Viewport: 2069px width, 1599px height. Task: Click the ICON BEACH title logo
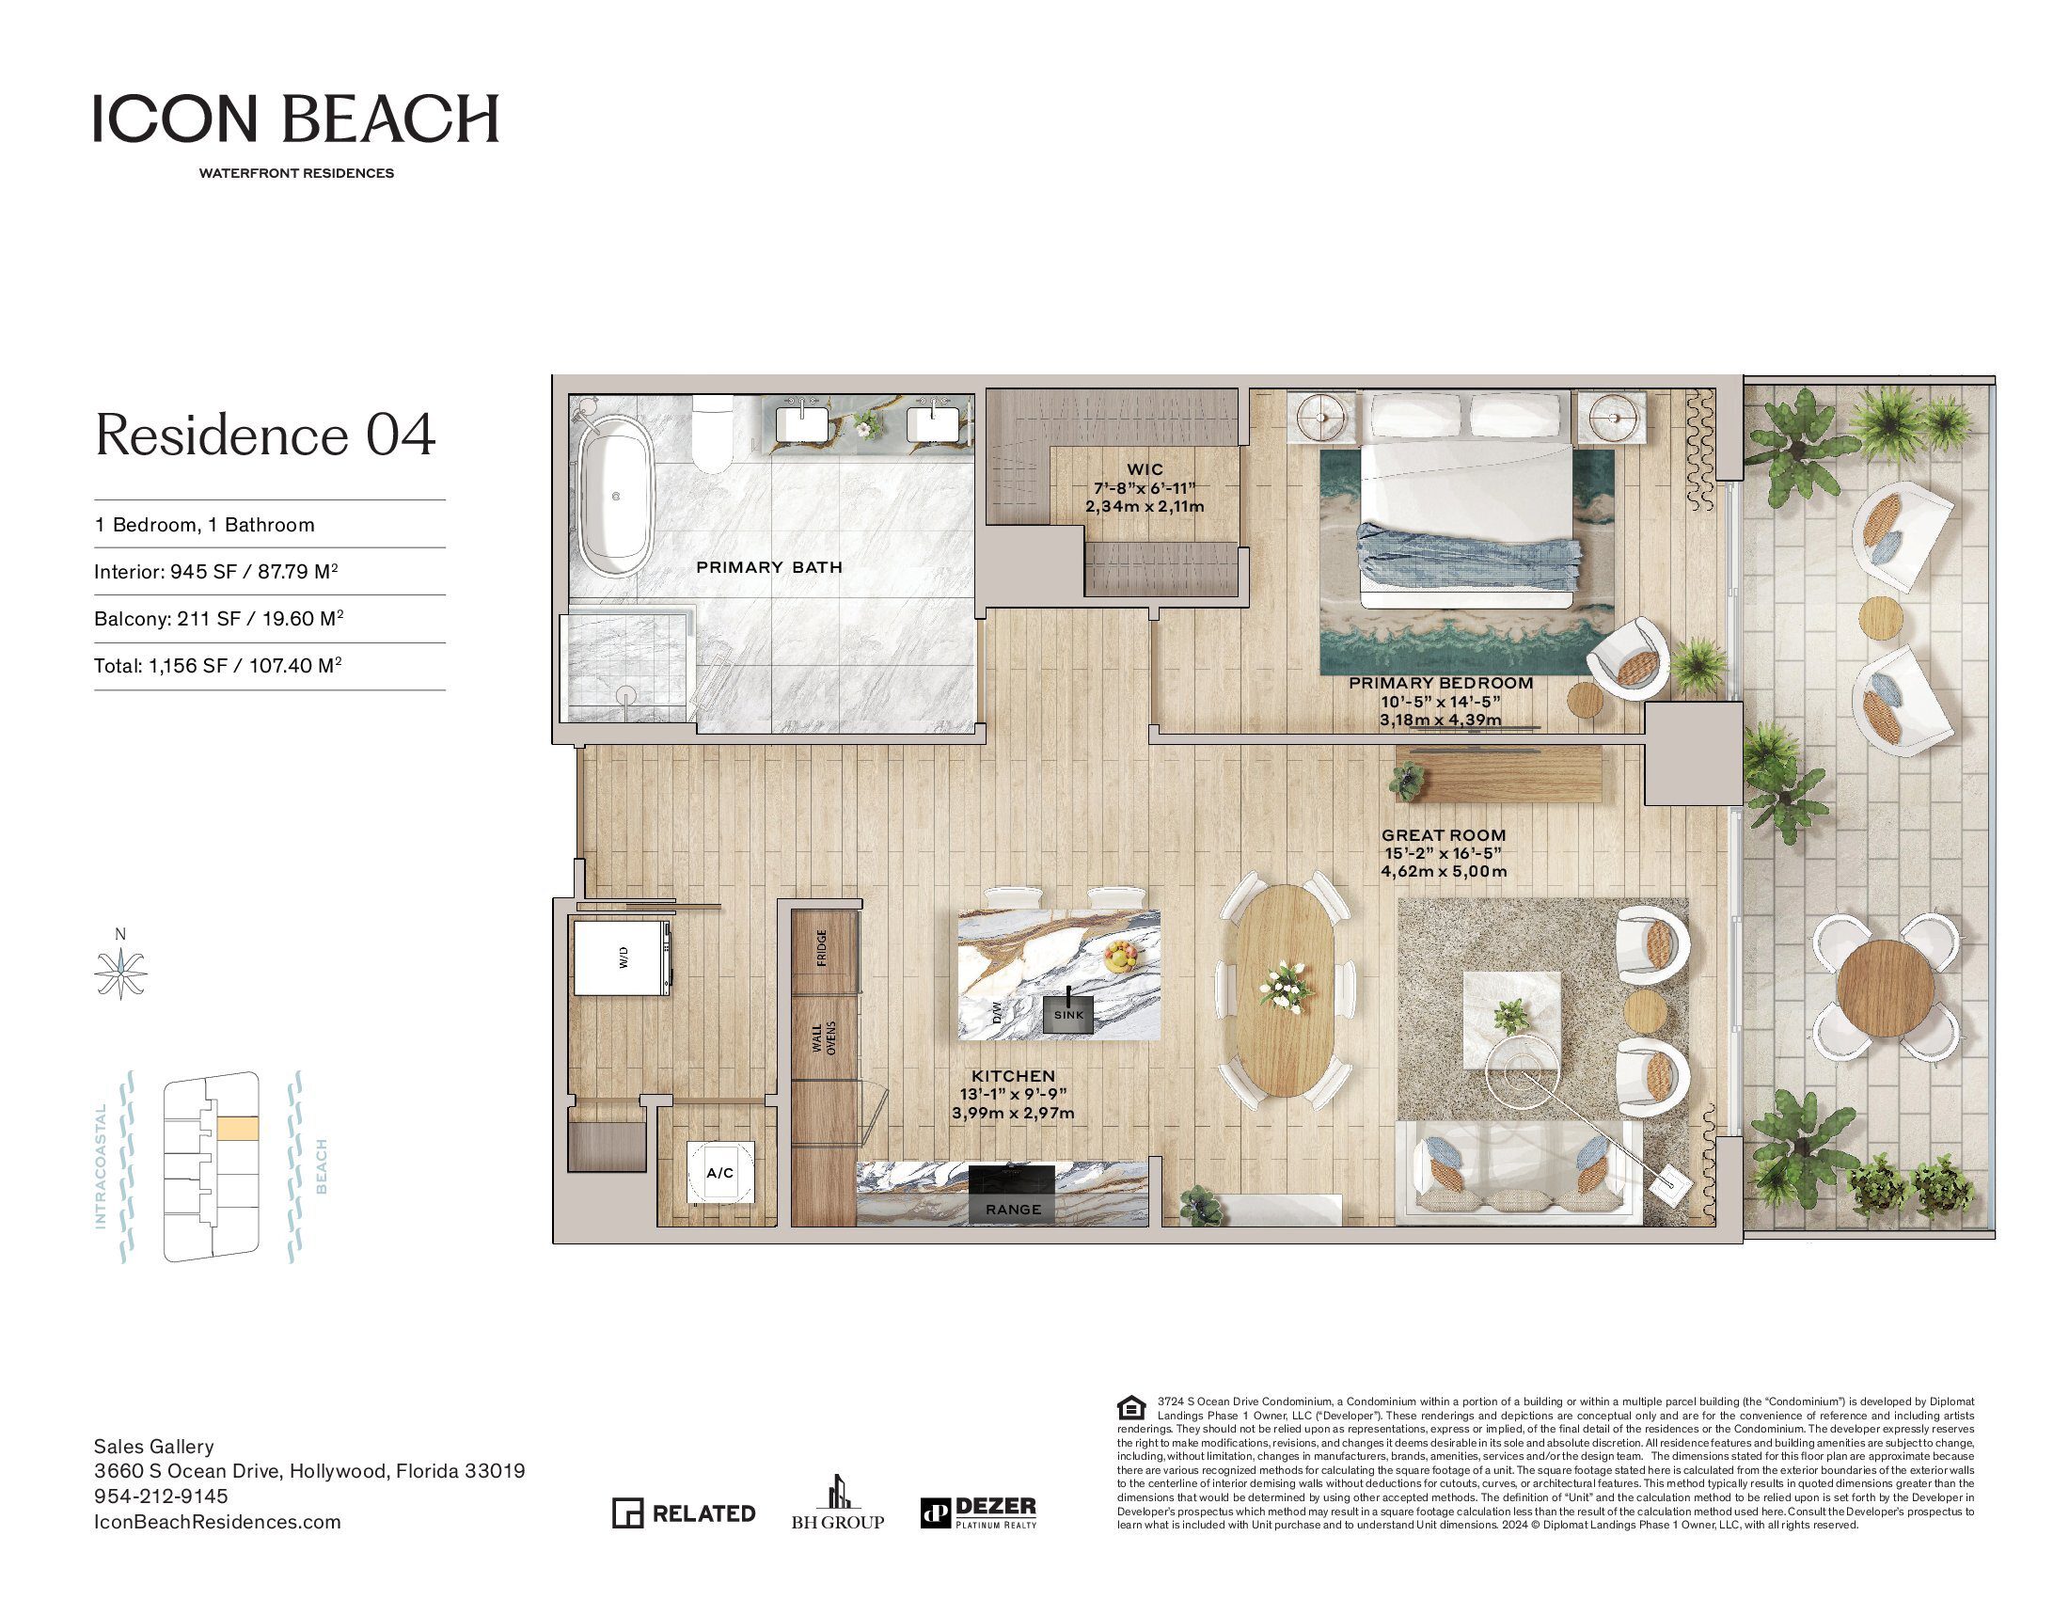coord(295,118)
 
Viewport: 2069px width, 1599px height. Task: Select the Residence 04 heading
coord(265,435)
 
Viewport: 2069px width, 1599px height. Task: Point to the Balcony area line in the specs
coord(219,619)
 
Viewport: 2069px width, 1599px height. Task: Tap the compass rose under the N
coord(120,973)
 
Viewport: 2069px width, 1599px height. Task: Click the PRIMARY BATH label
coord(769,567)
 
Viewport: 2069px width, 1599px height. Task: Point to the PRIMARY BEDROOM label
coord(1440,683)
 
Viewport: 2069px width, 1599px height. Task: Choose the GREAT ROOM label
coord(1443,835)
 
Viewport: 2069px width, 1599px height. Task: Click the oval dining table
coord(1286,990)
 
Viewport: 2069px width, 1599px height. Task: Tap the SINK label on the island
coord(1068,1015)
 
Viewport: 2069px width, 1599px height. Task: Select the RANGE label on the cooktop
coord(1013,1210)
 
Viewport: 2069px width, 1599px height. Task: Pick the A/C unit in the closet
coord(720,1173)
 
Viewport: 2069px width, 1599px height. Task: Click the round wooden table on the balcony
coord(1885,986)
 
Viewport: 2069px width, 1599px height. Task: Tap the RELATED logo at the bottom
coord(684,1512)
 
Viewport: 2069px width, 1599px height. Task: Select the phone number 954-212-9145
coord(161,1496)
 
